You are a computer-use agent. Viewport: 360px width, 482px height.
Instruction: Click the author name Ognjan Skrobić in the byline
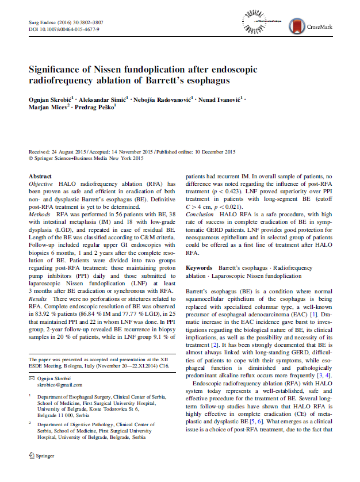point(49,100)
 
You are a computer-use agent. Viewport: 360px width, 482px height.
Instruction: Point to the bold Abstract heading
point(40,177)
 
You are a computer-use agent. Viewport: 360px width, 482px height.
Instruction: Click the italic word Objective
point(41,184)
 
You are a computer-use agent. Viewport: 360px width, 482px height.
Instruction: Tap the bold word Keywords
point(200,269)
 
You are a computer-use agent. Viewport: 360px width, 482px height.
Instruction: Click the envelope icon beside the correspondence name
point(32,378)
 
